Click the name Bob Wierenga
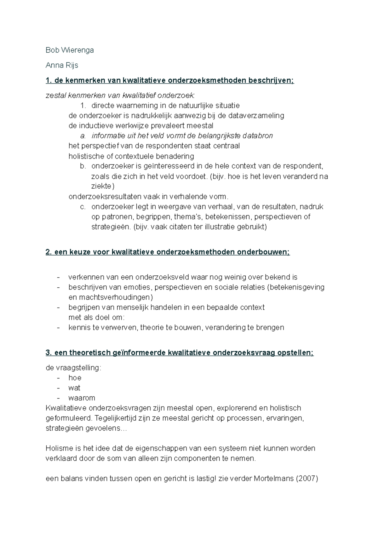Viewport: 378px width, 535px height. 70,50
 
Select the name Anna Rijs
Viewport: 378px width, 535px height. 62,65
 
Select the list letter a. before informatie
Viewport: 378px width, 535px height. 83,136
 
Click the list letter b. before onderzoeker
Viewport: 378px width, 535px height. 83,166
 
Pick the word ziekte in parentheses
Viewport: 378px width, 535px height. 101,186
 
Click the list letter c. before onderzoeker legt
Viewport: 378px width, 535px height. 83,207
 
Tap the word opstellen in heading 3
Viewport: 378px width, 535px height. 295,353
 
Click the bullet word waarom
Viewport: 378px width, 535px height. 82,398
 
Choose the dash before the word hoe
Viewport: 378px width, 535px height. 58,378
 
